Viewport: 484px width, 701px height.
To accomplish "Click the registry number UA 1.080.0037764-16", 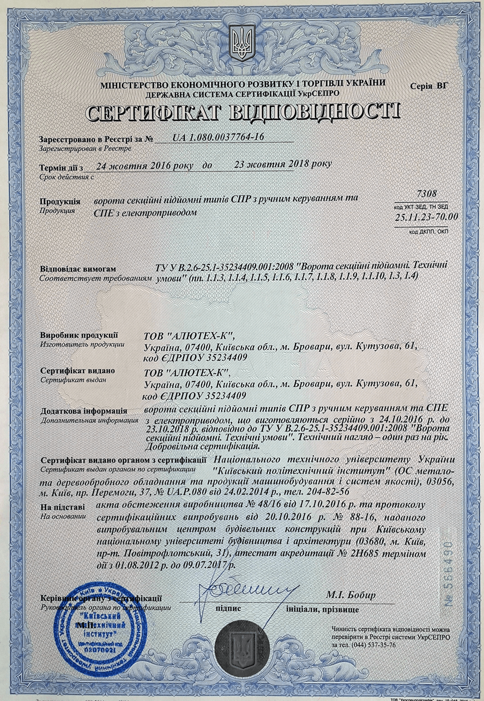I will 219,137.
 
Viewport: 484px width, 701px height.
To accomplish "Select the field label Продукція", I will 60,201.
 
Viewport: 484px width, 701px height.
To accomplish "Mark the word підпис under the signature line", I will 228,608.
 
